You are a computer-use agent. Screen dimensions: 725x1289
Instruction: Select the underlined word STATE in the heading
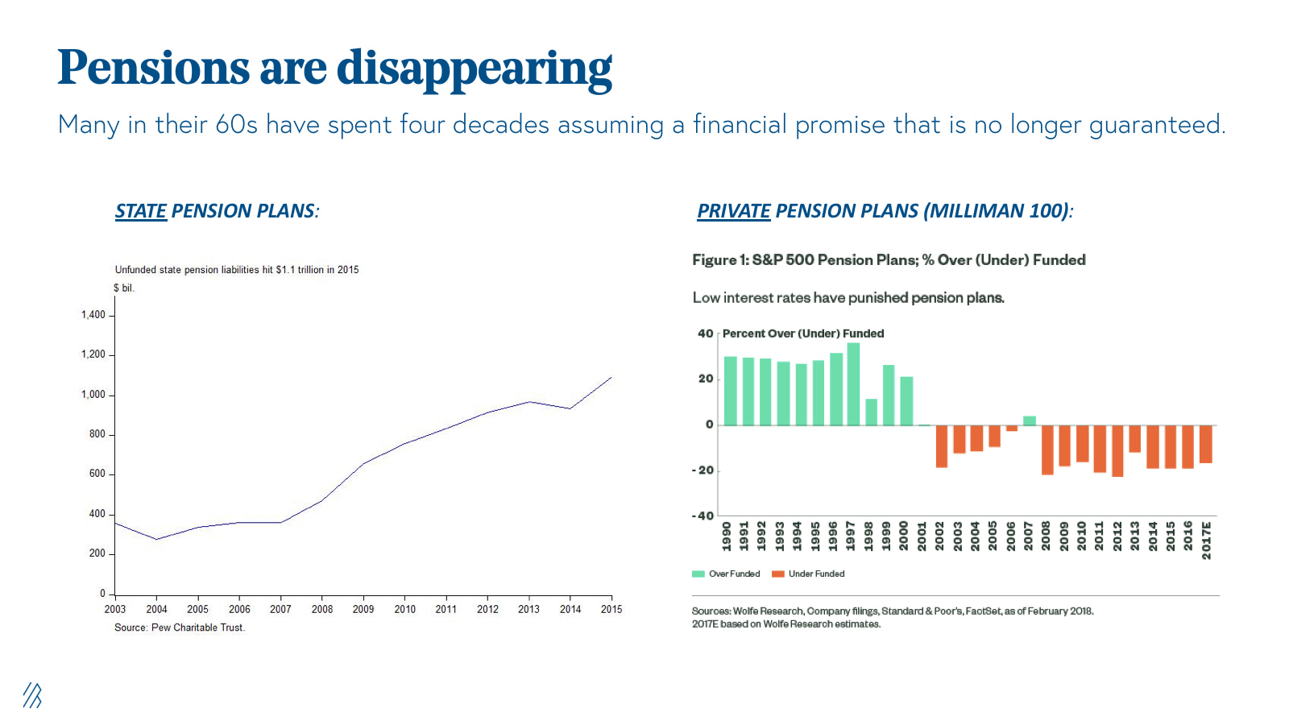141,211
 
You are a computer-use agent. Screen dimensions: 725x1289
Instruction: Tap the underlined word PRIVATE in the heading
733,211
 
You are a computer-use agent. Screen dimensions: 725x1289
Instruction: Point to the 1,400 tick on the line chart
93,315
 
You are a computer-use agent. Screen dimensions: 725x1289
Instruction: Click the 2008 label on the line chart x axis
322,609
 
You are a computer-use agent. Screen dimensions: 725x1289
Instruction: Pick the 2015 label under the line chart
611,609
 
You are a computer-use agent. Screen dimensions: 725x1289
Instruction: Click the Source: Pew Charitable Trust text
180,628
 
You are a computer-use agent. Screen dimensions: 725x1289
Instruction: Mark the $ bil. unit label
124,288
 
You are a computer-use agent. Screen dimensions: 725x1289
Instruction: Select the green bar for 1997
853,384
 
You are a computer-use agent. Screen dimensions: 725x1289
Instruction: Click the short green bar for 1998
871,412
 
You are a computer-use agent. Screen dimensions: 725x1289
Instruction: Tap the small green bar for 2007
1030,420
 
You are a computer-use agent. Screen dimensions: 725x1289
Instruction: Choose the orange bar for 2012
1117,451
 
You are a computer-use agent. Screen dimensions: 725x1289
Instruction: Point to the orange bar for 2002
941,446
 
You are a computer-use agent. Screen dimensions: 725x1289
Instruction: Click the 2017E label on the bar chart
1206,540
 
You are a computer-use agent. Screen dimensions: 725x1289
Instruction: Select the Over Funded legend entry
726,574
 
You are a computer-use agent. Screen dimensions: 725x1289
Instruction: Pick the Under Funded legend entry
808,574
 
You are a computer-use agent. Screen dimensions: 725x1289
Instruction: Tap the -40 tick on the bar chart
703,516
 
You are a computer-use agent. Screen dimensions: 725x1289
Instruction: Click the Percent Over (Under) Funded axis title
803,333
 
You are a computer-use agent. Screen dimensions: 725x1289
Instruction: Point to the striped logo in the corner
32,695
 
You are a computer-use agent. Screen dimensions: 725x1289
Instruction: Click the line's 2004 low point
157,540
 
